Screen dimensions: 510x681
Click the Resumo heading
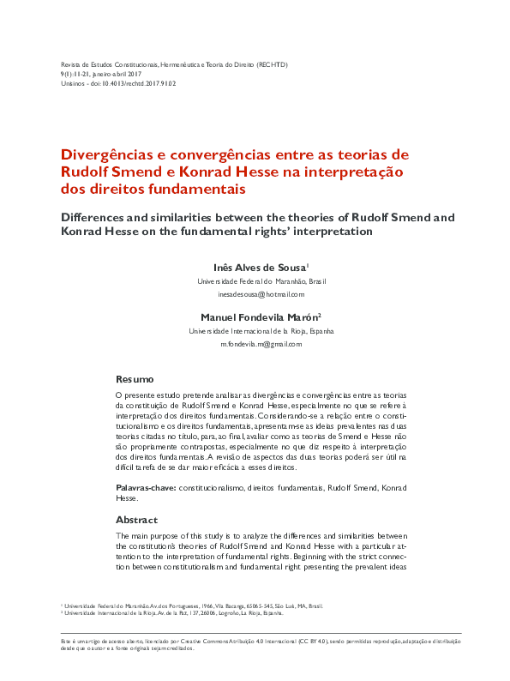click(135, 379)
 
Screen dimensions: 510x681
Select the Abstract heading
click(137, 520)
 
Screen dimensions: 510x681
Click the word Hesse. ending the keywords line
click(127, 497)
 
